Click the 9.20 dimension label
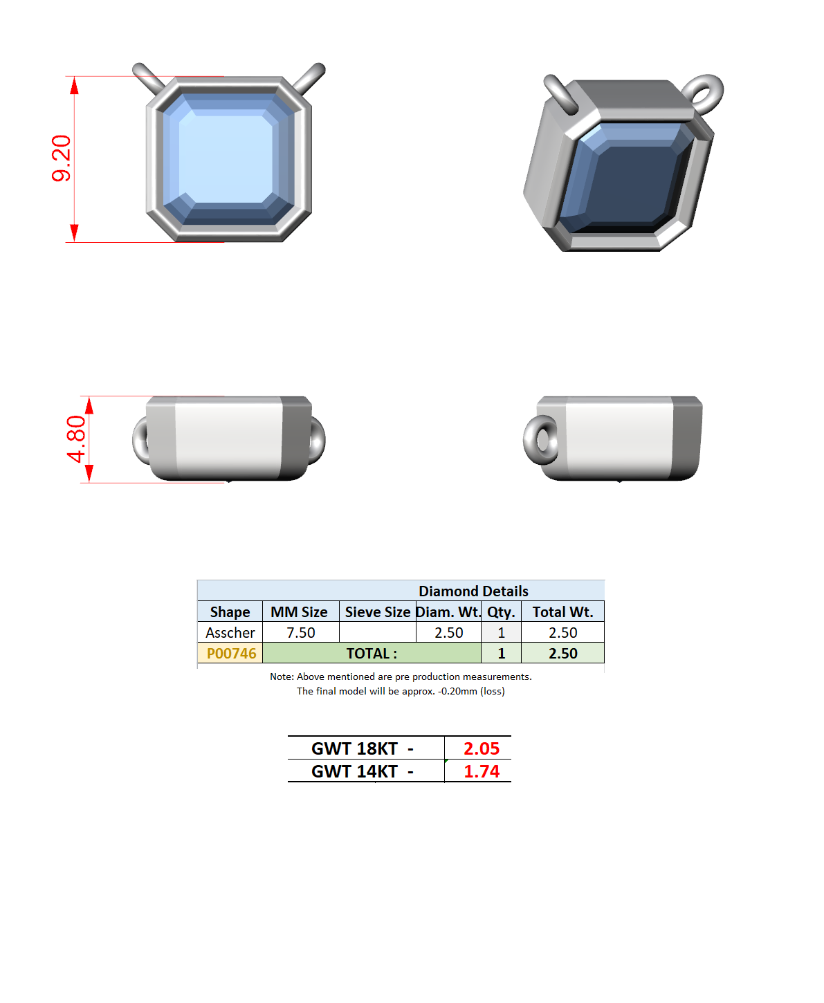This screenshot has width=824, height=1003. (x=61, y=158)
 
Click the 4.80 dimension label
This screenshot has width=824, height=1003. (x=76, y=439)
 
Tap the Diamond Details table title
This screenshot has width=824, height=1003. (x=473, y=591)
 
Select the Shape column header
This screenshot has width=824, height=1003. (x=230, y=611)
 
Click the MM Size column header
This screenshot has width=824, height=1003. (x=299, y=611)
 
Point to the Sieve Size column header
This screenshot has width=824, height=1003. (x=377, y=611)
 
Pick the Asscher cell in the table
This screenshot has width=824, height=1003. (x=230, y=632)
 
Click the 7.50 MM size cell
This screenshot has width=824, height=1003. (x=300, y=632)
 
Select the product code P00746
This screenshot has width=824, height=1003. (x=231, y=654)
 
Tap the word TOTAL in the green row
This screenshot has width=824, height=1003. (x=368, y=654)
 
